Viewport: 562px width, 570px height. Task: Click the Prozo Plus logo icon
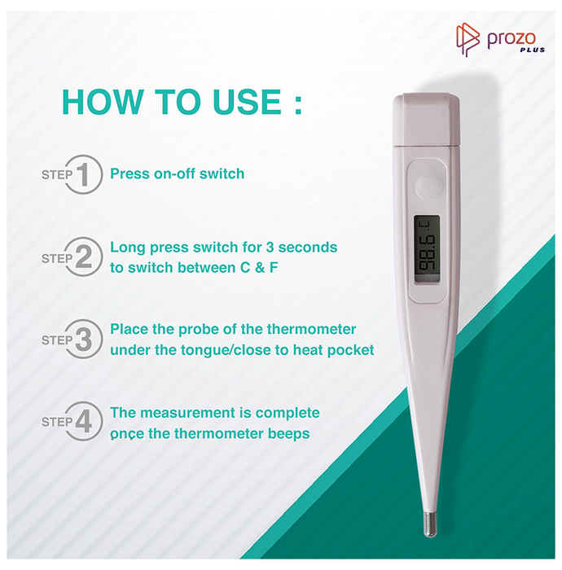(468, 40)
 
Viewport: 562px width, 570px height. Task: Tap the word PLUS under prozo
(533, 50)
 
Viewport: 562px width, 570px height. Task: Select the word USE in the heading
(247, 102)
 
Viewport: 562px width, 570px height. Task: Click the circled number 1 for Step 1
(83, 174)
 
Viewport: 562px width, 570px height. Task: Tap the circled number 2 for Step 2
(83, 256)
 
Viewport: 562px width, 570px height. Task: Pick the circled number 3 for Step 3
(83, 339)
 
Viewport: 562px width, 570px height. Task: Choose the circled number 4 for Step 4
(83, 421)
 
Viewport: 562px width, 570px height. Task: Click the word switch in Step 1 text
(222, 173)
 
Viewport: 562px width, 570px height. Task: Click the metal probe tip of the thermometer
(430, 524)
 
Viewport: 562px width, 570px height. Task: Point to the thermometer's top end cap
(427, 119)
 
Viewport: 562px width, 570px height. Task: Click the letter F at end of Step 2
(274, 268)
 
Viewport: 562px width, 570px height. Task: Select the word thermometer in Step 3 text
(311, 329)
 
